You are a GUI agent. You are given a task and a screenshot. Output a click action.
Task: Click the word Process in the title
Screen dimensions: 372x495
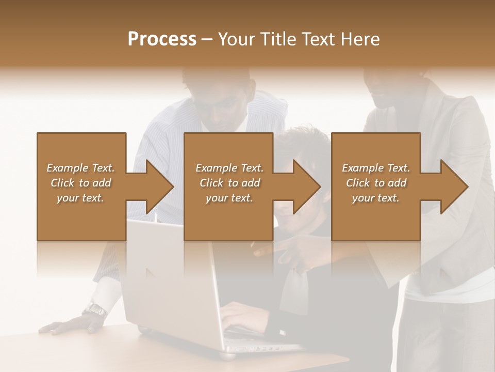coord(162,39)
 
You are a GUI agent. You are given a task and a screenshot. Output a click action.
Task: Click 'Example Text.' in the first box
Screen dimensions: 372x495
coord(80,168)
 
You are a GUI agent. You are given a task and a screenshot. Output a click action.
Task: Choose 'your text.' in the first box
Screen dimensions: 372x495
coord(80,198)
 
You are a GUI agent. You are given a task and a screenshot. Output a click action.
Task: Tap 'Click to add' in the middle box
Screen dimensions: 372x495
coord(229,183)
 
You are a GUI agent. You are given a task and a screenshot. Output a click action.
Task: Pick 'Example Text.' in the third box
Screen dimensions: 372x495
coord(376,168)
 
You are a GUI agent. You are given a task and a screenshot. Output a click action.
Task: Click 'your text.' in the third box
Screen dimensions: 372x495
coord(376,198)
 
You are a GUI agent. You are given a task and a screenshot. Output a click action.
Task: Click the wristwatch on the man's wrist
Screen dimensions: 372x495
coord(95,310)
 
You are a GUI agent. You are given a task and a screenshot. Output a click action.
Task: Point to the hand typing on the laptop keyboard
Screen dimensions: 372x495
coord(242,315)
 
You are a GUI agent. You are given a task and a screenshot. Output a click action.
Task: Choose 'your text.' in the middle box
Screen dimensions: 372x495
coord(229,198)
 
